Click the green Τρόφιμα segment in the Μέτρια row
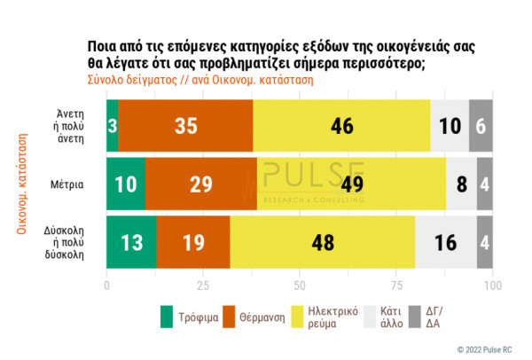(125, 185)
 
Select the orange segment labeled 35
(185, 127)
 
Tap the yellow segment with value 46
(341, 127)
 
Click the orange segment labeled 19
(192, 242)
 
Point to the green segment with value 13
(130, 242)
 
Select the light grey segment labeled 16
(446, 242)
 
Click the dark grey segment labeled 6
(481, 127)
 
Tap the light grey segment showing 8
(461, 185)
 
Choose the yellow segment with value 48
(322, 242)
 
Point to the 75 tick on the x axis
(396, 286)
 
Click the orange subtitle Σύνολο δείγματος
(129, 79)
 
